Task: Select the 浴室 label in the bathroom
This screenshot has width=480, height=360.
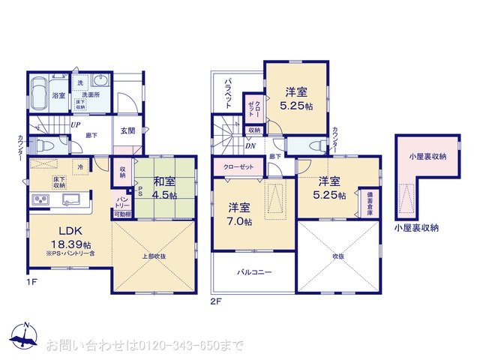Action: coord(58,96)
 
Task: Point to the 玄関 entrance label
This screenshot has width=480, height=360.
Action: coord(127,130)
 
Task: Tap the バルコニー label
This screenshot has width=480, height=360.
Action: coord(255,272)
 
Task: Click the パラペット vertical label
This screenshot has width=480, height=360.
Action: coord(229,91)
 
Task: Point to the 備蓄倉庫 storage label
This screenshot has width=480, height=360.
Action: coord(368,202)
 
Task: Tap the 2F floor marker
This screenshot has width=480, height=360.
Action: coord(216,301)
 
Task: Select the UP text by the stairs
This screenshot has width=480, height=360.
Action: coord(76,125)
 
